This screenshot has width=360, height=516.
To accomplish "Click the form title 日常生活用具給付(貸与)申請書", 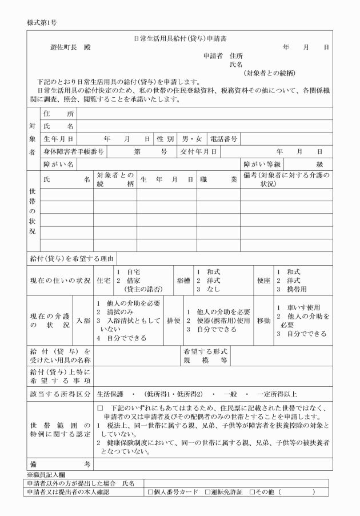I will [x=179, y=38].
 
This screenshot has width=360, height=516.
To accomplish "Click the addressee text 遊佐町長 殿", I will [x=71, y=47].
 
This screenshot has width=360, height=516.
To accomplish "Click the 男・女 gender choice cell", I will [x=191, y=138].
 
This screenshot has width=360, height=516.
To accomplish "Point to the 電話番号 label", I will [x=224, y=138].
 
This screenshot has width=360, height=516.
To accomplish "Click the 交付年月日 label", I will [x=198, y=151].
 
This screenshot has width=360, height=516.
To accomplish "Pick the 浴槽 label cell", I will [x=182, y=281].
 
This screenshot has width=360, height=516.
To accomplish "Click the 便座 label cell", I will [x=263, y=281].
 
